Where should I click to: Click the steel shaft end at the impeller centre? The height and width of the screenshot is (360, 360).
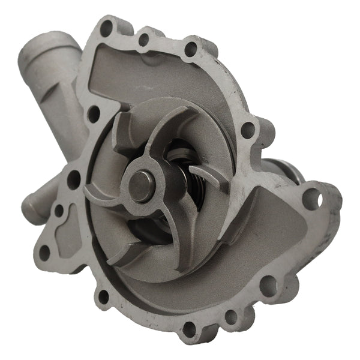click(142, 187)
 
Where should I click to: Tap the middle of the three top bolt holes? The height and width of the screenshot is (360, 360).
click(143, 40)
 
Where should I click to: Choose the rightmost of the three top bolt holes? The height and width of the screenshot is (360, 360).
click(190, 49)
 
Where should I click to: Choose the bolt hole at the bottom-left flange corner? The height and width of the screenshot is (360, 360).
click(103, 296)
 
